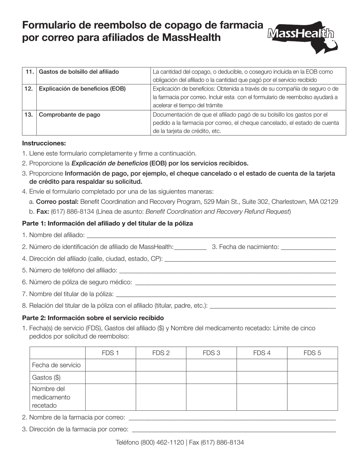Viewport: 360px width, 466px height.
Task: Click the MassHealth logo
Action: click(302, 36)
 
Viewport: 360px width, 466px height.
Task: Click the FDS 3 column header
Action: click(211, 353)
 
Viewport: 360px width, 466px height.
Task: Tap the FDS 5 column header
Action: click(312, 353)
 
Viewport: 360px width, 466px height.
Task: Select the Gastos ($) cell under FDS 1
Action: click(110, 377)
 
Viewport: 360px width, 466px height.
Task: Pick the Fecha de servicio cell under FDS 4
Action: click(261, 365)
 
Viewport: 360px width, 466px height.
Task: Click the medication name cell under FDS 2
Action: click(161, 397)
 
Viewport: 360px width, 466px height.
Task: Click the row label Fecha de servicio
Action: click(56, 365)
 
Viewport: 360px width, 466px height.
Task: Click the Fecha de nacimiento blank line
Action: click(308, 247)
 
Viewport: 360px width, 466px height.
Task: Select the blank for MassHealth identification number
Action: click(190, 247)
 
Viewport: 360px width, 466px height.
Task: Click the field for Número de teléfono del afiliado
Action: click(227, 271)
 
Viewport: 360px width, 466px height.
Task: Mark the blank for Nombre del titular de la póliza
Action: click(225, 294)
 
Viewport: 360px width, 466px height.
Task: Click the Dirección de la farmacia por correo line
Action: click(233, 430)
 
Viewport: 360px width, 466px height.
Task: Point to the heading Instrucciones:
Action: click(44, 143)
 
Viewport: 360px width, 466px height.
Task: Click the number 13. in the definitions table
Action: click(28, 114)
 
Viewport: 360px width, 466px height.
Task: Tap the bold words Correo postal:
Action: click(57, 202)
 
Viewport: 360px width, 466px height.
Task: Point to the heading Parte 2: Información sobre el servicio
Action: click(93, 317)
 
